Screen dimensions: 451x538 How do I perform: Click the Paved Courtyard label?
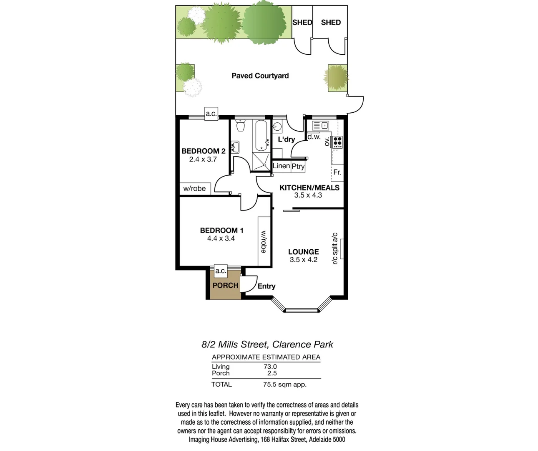click(260, 76)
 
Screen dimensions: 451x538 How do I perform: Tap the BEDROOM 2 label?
click(203, 151)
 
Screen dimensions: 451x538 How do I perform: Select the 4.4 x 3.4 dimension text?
click(221, 238)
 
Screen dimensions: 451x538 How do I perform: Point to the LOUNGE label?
click(303, 252)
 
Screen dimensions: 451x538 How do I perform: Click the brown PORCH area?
click(225, 286)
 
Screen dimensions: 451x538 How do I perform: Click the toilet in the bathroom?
click(240, 125)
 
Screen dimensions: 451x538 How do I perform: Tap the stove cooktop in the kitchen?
click(337, 142)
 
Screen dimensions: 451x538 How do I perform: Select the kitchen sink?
click(320, 125)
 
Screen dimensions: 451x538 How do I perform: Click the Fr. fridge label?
click(337, 172)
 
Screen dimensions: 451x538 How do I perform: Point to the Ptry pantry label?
click(298, 166)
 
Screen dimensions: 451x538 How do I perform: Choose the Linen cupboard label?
click(282, 166)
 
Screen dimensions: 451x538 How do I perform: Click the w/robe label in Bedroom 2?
click(194, 189)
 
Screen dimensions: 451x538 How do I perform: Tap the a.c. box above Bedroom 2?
click(211, 114)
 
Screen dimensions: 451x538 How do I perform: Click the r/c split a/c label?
click(334, 249)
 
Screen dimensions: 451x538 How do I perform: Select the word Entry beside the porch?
click(266, 286)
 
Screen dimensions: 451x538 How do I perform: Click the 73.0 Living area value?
click(270, 367)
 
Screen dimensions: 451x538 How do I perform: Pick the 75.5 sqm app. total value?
click(285, 385)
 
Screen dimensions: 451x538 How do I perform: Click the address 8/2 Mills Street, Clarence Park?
click(267, 345)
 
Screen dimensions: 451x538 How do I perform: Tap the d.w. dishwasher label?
click(314, 137)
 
